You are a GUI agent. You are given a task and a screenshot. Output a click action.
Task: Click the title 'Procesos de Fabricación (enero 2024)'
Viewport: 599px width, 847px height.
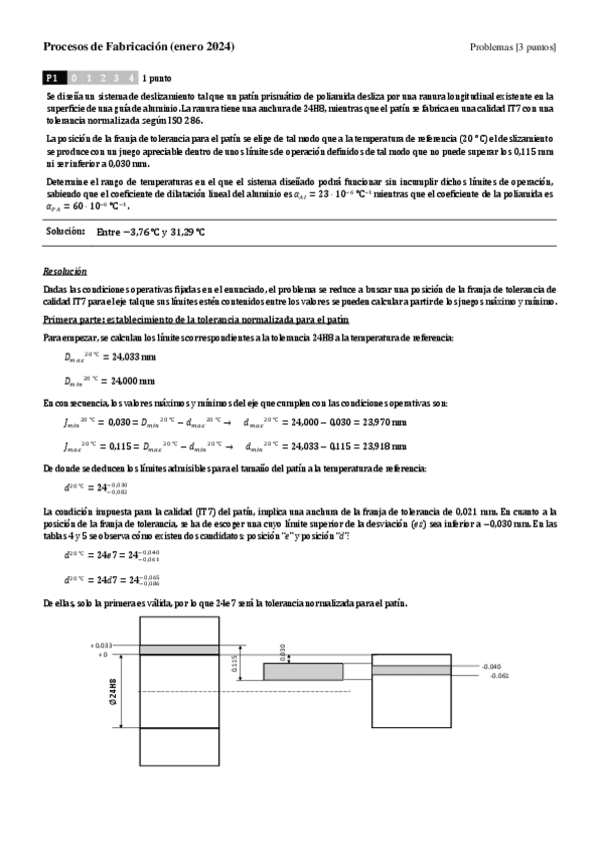pos(139,47)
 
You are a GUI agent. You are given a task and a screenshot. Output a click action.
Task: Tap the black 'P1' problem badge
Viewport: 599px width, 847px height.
pos(53,76)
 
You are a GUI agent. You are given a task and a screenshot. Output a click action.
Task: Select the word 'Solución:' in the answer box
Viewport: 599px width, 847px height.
pos(66,231)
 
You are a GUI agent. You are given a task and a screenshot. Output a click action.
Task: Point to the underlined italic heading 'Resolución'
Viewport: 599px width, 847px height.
pos(65,271)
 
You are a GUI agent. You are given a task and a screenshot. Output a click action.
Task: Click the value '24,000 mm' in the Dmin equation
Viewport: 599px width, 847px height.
pos(130,381)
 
